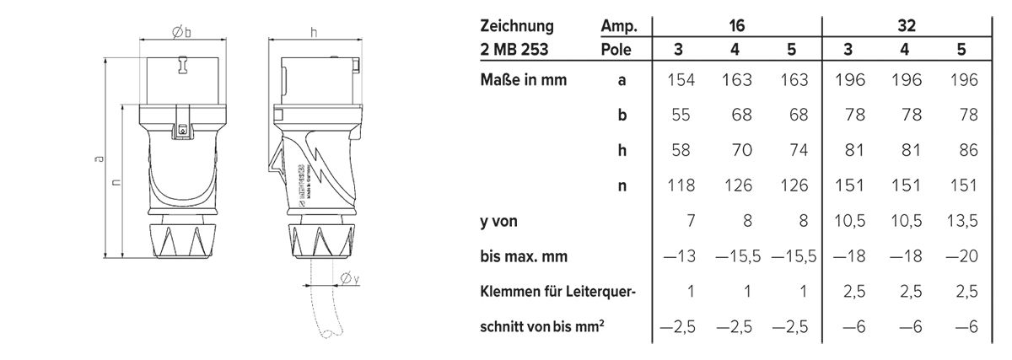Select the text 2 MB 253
513,50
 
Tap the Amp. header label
617,27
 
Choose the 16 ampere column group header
735,27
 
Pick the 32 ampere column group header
905,27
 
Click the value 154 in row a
679,81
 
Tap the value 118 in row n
679,185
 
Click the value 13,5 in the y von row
961,222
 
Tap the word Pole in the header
617,50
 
